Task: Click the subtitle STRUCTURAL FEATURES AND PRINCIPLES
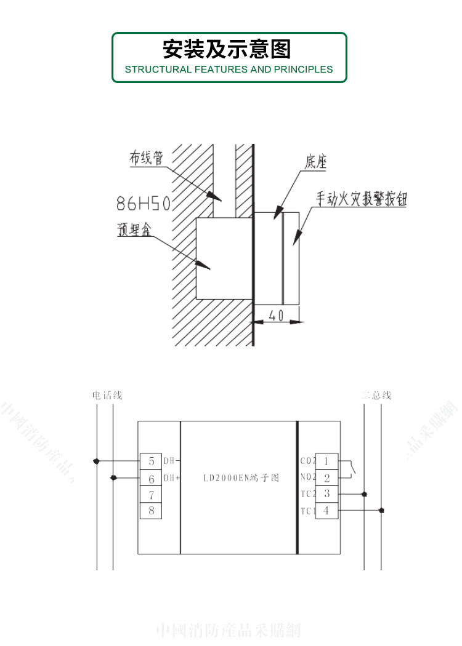(x=229, y=70)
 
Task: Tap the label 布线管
(x=146, y=158)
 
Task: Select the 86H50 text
(x=144, y=202)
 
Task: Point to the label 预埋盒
(x=134, y=229)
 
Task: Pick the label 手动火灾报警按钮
(x=362, y=199)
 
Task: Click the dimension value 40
(x=276, y=316)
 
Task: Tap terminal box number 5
(x=151, y=461)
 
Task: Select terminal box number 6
(x=151, y=477)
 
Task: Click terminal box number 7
(x=151, y=494)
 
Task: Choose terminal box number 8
(x=151, y=510)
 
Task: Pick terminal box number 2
(x=326, y=477)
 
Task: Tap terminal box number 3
(x=326, y=493)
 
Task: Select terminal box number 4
(x=326, y=510)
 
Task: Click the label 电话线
(x=107, y=395)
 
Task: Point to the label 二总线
(x=376, y=395)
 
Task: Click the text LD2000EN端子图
(x=241, y=477)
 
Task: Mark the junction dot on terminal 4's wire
(x=381, y=510)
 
